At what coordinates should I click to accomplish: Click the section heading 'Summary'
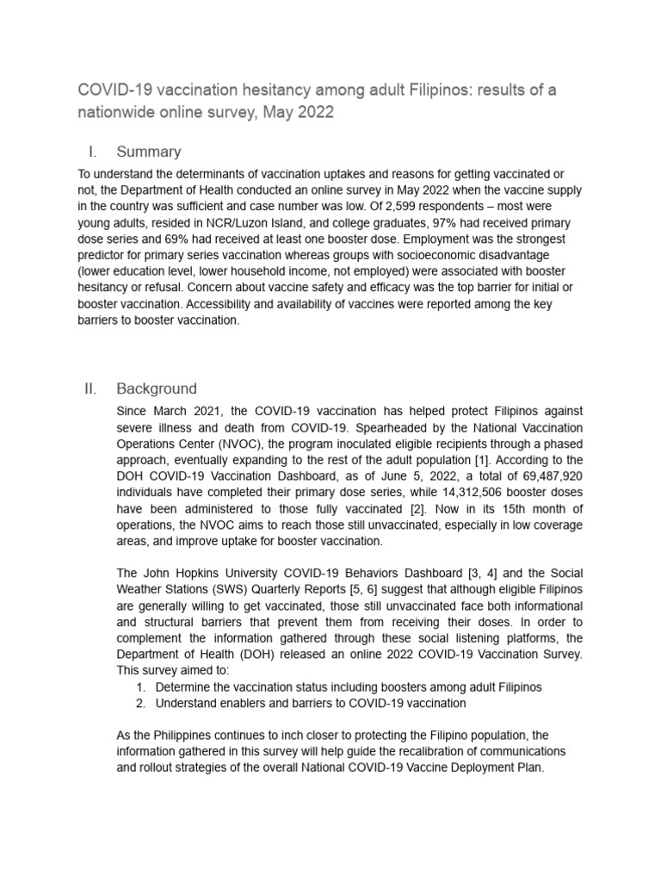pyautogui.click(x=148, y=152)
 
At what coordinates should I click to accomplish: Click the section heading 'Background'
pyautogui.click(x=157, y=388)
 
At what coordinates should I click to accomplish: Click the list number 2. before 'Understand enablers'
pyautogui.click(x=141, y=703)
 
